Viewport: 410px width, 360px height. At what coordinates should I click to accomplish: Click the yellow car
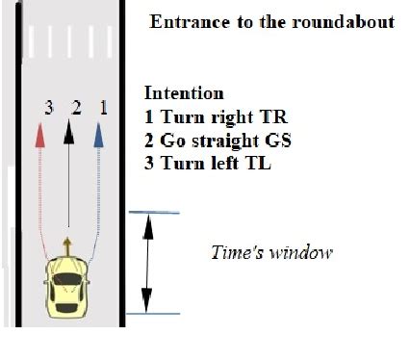point(67,286)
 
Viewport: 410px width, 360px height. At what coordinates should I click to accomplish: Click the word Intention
point(184,94)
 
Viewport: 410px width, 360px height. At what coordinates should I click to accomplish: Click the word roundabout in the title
point(345,21)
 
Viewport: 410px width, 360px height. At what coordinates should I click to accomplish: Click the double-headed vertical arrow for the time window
point(147,262)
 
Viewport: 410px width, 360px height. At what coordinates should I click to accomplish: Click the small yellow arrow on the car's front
point(67,241)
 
